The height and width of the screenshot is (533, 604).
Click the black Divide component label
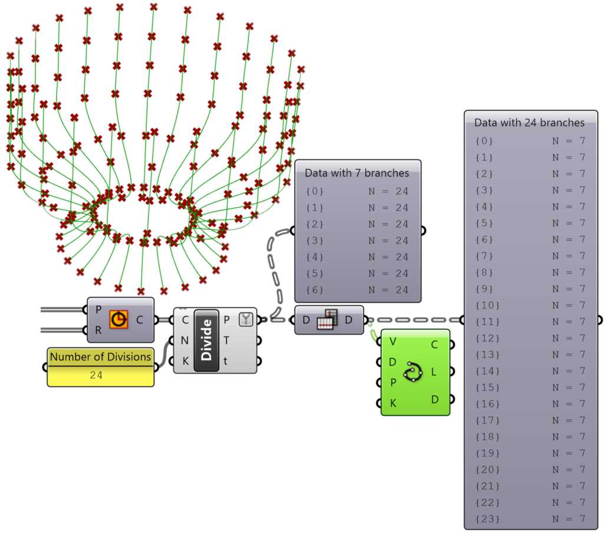click(x=206, y=341)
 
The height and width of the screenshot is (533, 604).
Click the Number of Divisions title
click(x=100, y=357)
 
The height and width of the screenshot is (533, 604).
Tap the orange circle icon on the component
click(x=119, y=319)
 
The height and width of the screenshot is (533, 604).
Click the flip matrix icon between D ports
click(x=326, y=320)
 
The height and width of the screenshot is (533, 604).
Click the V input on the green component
click(x=393, y=341)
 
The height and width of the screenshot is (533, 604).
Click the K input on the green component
click(x=393, y=403)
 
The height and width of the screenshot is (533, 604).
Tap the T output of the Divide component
click(x=226, y=340)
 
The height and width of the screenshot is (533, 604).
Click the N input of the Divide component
click(x=185, y=340)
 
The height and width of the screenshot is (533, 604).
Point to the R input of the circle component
click(x=98, y=331)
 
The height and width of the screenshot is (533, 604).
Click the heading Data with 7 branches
click(x=357, y=173)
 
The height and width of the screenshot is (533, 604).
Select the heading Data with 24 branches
click(x=529, y=123)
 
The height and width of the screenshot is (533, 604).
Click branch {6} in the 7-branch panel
click(x=315, y=290)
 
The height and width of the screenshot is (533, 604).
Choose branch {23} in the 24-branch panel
click(x=487, y=519)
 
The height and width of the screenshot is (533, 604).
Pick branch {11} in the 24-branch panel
click(x=487, y=322)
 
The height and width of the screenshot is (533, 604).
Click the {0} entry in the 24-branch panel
click(x=484, y=141)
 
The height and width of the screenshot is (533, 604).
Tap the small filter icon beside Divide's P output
click(x=245, y=319)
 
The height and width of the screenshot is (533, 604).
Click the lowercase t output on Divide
click(x=226, y=361)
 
